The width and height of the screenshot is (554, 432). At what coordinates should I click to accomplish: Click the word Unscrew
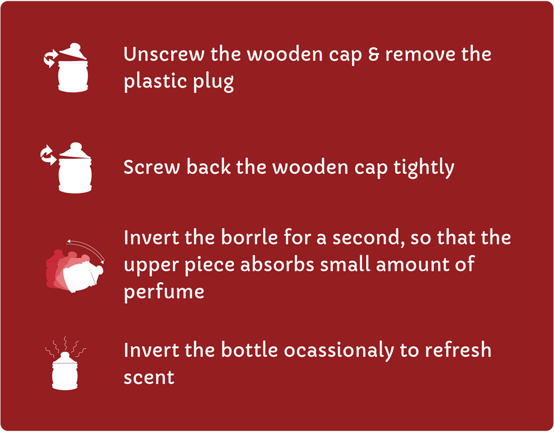coord(164,54)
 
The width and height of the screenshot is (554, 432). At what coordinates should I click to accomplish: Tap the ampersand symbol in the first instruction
coord(374,54)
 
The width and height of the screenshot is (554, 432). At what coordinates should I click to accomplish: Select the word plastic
coord(155,81)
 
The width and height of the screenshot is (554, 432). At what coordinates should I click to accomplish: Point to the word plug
coord(213,82)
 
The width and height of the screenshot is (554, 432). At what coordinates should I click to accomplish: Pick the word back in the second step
coord(209,166)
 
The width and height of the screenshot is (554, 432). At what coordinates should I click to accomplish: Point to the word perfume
coord(164,293)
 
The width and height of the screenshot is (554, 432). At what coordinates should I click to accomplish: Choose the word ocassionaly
coord(339,350)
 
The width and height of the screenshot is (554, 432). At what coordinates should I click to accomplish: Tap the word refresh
coord(458,349)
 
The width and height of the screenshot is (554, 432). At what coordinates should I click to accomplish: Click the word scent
coord(149,377)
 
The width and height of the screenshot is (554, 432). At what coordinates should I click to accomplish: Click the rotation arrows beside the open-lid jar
coord(50,59)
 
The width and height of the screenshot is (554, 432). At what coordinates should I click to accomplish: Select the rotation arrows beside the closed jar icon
coord(47,155)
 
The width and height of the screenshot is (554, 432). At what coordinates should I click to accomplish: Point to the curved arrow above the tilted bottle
coord(87,247)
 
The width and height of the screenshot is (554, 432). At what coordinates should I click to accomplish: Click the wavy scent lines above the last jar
coord(66,345)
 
